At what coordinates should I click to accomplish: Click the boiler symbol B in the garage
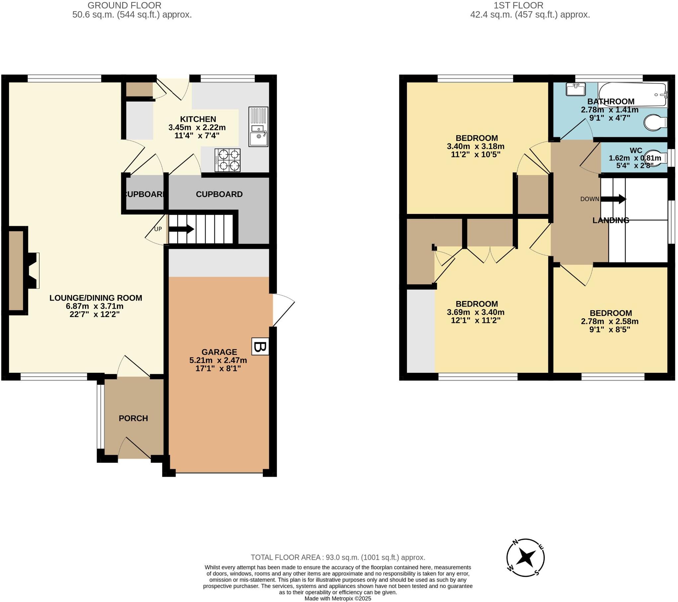[x=260, y=347]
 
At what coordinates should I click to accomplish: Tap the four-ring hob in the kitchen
[x=227, y=160]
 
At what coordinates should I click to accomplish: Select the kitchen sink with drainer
[x=258, y=127]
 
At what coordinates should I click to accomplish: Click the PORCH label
[x=133, y=418]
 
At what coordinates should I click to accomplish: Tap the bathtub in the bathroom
[x=632, y=95]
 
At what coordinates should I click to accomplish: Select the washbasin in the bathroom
[x=575, y=89]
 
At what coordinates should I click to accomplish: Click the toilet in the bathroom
[x=655, y=123]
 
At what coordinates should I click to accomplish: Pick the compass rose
[x=525, y=557]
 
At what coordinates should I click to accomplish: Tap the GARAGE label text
[x=219, y=352]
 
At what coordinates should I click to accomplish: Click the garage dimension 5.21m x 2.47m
[x=218, y=360]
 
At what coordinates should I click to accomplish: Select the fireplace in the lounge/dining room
[x=32, y=270]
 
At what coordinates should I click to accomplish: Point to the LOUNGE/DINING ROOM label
[x=96, y=298]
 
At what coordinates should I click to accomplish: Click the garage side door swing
[x=283, y=310]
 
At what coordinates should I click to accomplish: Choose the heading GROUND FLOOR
[x=124, y=5]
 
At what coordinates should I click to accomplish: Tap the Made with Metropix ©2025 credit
[x=338, y=598]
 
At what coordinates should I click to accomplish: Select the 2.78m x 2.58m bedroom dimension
[x=610, y=321]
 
